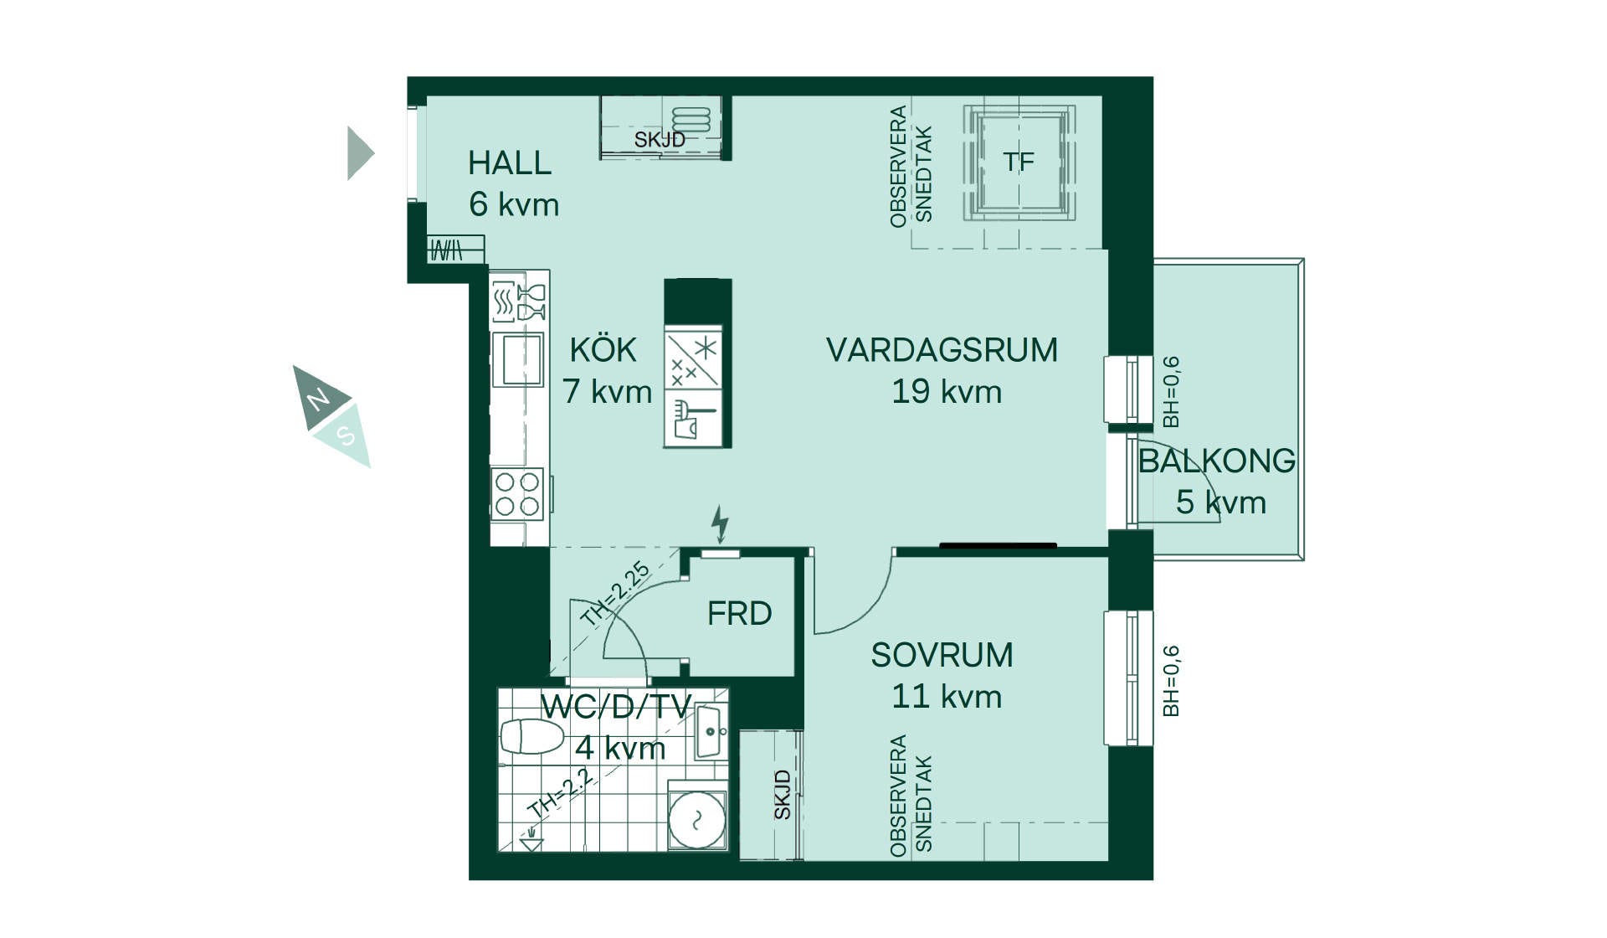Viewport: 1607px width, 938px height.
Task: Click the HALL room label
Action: [510, 163]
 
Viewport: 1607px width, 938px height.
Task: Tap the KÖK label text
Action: [603, 349]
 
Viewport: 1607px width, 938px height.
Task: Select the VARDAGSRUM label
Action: [942, 350]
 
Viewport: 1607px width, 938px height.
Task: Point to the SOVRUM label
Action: [942, 655]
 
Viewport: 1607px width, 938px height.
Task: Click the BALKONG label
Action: [1217, 461]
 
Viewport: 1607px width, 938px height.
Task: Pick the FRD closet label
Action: [739, 614]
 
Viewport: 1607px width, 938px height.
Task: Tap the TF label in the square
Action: [1019, 162]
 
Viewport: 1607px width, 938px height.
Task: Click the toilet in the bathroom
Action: [531, 737]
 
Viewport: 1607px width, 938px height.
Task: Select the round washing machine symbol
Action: [697, 818]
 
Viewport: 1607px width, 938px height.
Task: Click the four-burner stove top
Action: [517, 494]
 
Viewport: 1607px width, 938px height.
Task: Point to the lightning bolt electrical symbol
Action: [720, 524]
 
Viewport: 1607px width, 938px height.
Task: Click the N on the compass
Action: [318, 399]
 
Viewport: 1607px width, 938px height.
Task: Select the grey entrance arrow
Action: [361, 153]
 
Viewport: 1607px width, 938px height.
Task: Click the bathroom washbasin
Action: [709, 731]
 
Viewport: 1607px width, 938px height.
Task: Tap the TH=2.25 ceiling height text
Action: [615, 594]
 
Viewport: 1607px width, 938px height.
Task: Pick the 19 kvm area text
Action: [947, 392]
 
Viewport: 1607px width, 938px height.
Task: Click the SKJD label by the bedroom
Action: [782, 795]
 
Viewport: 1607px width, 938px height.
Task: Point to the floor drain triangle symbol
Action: [531, 843]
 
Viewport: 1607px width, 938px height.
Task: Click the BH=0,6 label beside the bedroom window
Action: [1171, 681]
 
